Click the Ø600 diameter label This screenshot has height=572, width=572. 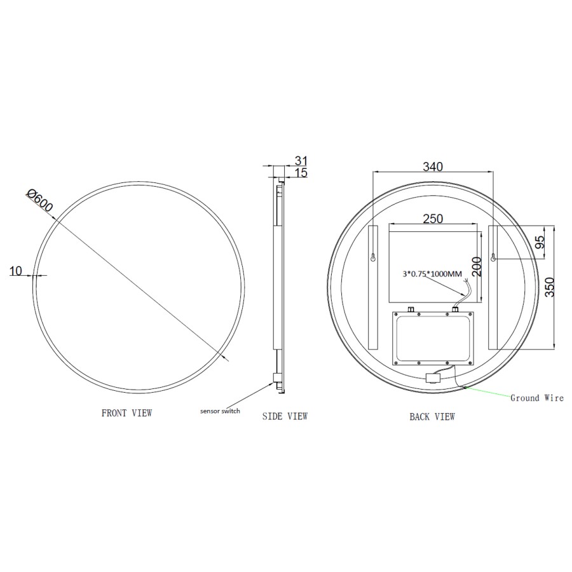tap(40, 201)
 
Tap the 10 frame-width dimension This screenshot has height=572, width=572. tap(16, 271)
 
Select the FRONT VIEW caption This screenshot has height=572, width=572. tap(126, 413)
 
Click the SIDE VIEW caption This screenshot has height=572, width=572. tap(285, 416)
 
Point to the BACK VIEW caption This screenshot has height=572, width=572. tap(432, 417)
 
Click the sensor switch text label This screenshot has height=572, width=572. tap(220, 411)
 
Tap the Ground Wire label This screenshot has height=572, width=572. tap(536, 398)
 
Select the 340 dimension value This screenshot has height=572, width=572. tap(432, 167)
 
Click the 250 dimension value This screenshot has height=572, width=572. tap(432, 219)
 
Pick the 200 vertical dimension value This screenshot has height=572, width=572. tap(477, 266)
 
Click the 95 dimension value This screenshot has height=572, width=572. tap(541, 242)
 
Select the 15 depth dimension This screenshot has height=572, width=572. tap(301, 173)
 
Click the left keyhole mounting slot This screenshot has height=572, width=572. tap(373, 258)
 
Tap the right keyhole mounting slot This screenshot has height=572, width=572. tap(494, 258)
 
